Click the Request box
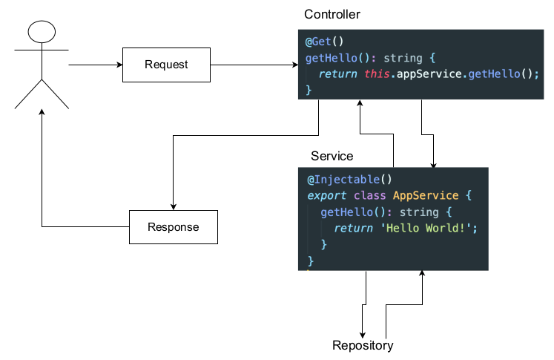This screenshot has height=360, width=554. [x=166, y=65]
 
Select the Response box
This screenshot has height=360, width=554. [x=174, y=227]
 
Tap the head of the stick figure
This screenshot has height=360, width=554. [x=42, y=32]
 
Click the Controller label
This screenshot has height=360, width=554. [x=332, y=15]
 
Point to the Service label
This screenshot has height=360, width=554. [x=332, y=156]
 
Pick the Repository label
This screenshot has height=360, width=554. [x=363, y=345]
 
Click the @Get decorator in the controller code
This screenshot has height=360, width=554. [x=322, y=42]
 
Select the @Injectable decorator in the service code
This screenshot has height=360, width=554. [x=343, y=180]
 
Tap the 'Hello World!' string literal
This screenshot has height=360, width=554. [x=426, y=228]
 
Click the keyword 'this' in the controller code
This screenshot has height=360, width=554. [x=377, y=74]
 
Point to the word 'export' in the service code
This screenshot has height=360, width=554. [x=326, y=196]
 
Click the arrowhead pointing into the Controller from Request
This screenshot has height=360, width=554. [x=294, y=65]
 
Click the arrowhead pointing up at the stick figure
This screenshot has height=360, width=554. [x=42, y=111]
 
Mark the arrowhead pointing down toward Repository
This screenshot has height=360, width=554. [x=363, y=333]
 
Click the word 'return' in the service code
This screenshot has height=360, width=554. [x=353, y=228]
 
